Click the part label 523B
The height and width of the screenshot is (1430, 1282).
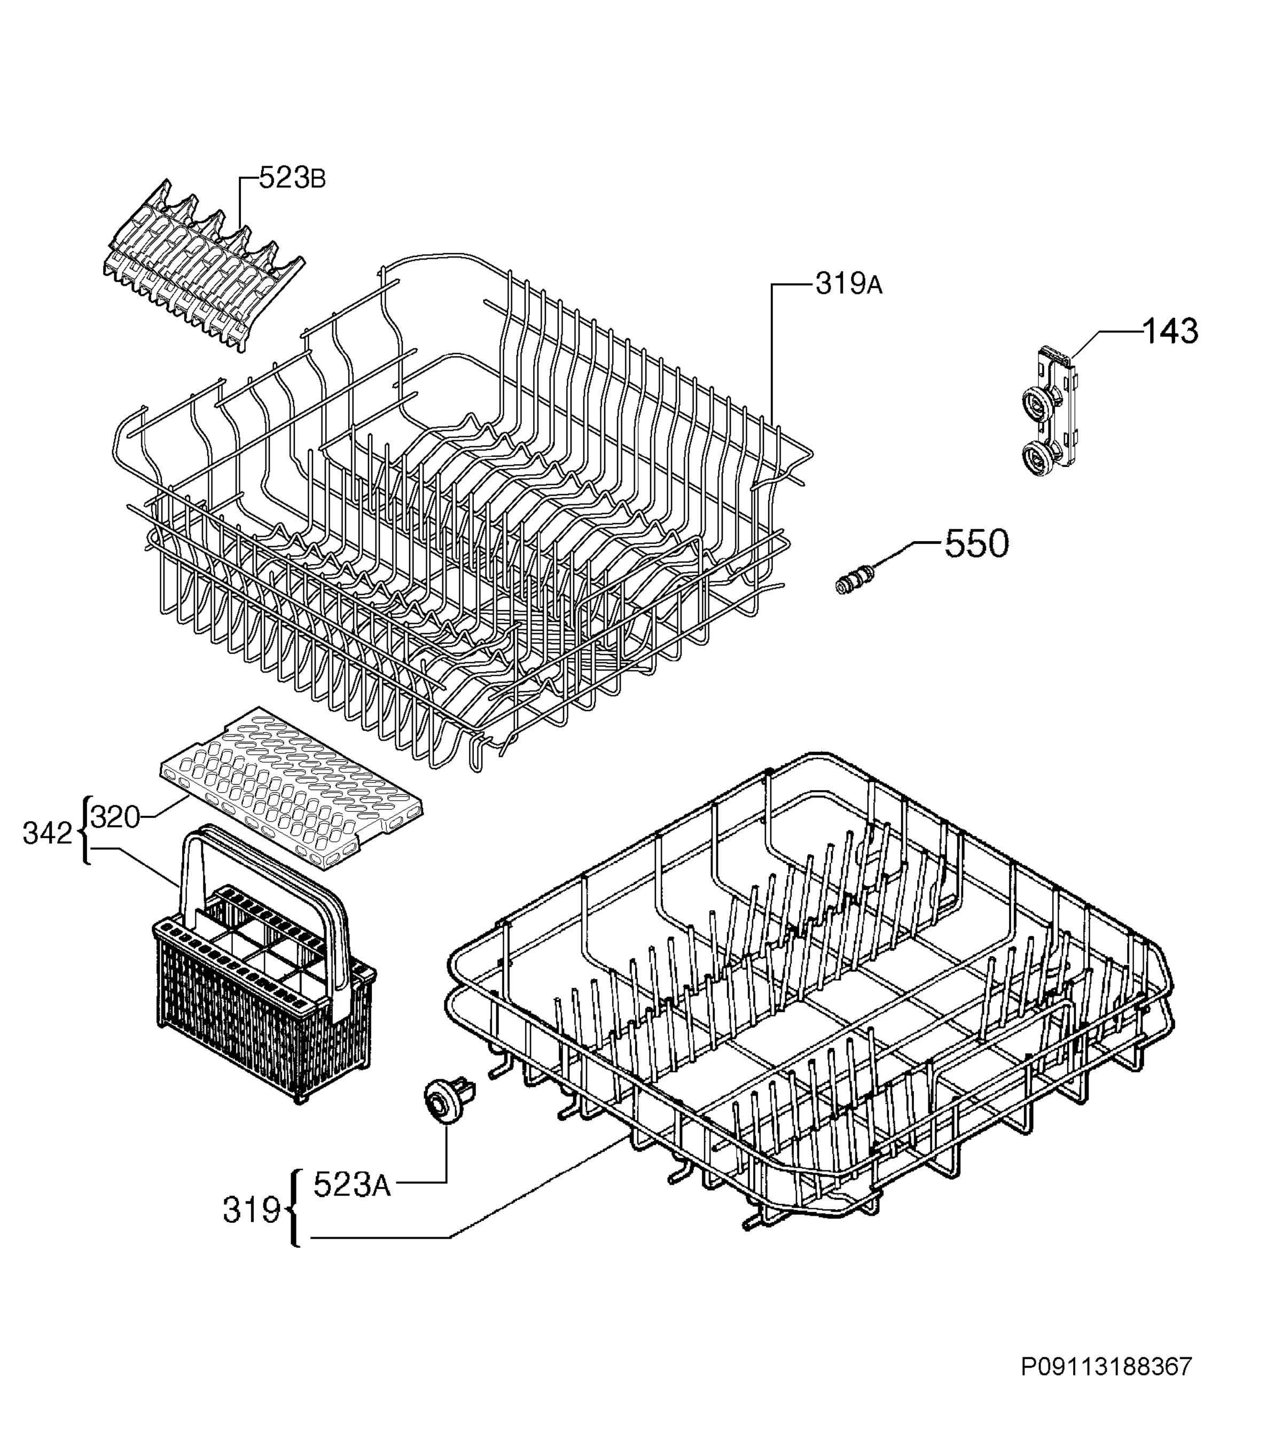pos(292,178)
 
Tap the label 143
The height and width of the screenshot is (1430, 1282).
pos(1170,331)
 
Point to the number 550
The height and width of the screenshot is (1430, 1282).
pos(976,544)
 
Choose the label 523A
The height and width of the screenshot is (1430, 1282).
pos(351,1185)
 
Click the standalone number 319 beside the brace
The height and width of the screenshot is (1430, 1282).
pos(252,1211)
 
